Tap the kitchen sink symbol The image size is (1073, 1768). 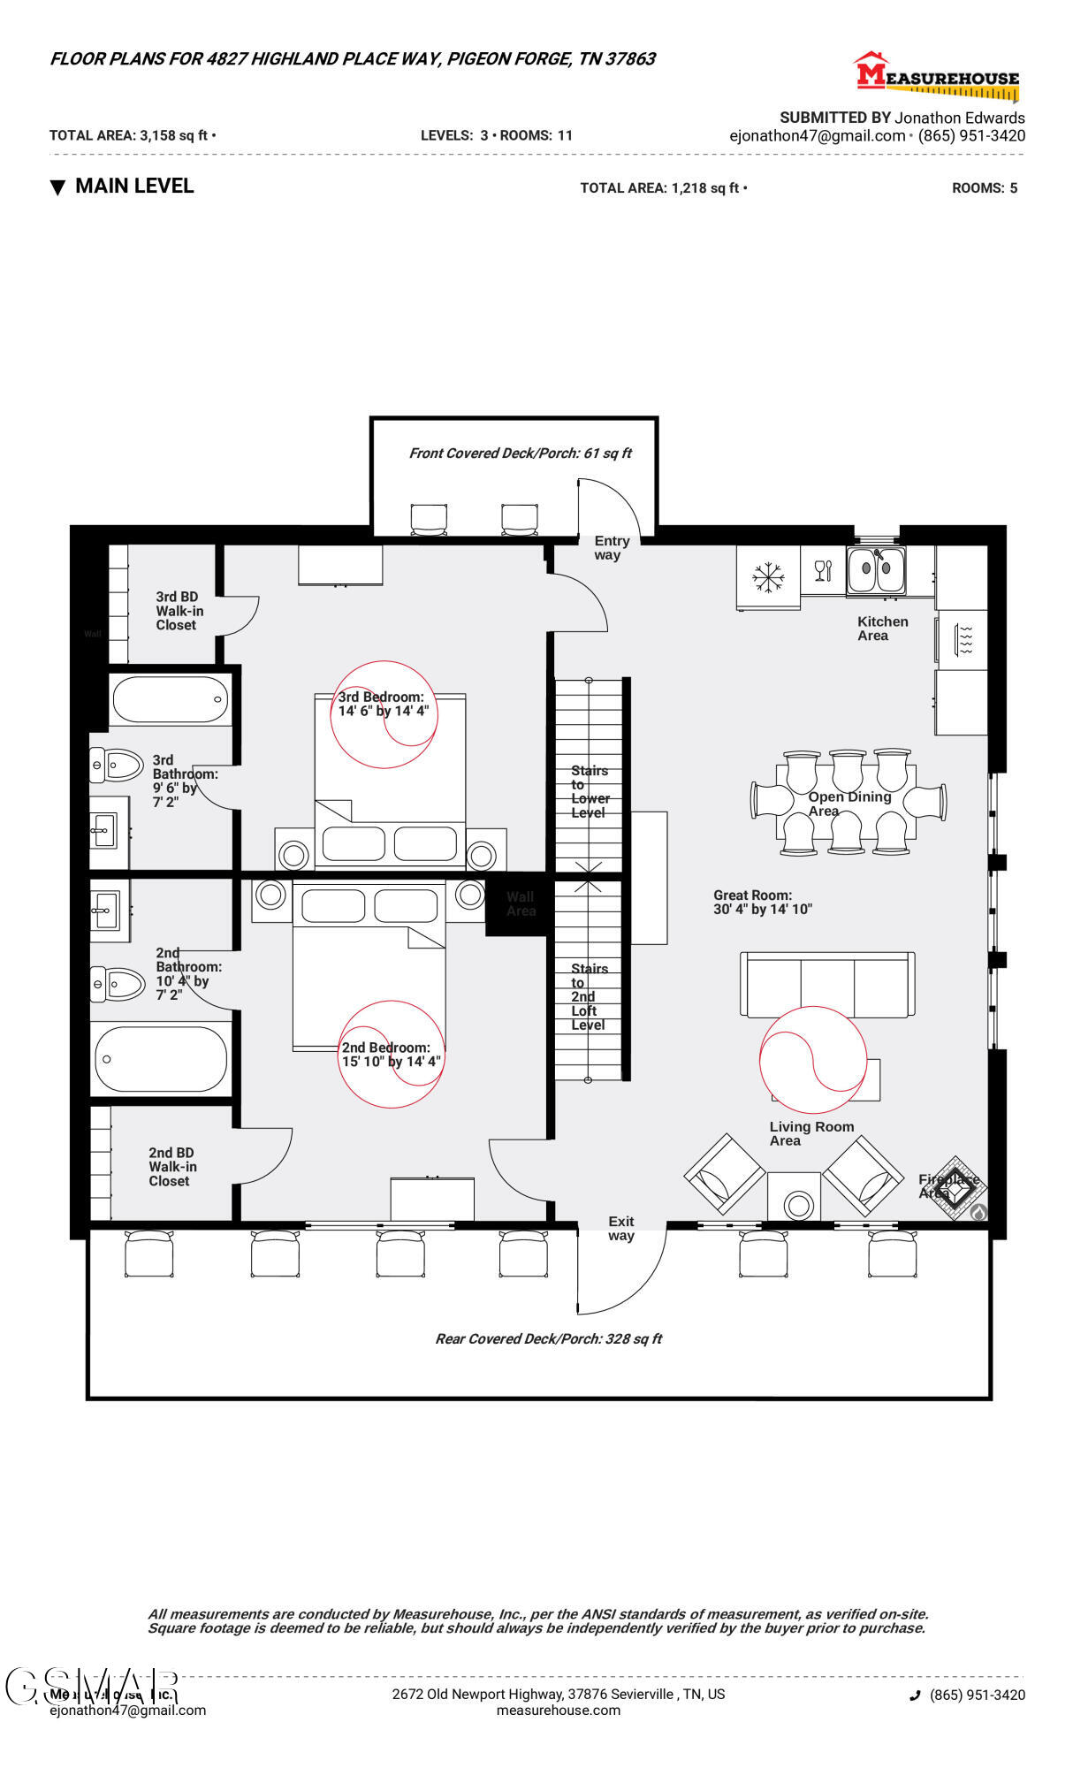876,571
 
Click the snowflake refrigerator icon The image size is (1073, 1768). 768,577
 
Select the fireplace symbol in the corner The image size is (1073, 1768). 955,1190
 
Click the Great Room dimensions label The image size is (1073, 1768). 762,903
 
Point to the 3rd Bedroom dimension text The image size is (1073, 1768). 383,705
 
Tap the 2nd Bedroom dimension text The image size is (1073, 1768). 391,1055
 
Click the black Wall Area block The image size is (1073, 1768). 520,903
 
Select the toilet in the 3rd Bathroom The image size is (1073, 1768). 117,766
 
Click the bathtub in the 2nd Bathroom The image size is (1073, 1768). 160,1059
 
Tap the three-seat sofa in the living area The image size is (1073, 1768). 827,985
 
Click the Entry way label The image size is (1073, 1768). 611,548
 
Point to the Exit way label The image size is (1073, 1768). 620,1229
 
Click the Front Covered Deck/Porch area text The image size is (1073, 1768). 520,453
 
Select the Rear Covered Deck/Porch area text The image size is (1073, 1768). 548,1339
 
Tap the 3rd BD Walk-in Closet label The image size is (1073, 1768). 179,611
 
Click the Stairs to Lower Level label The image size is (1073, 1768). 590,791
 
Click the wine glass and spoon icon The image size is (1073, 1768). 823,571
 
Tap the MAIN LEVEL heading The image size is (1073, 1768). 133,187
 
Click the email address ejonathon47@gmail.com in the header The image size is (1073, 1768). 817,136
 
